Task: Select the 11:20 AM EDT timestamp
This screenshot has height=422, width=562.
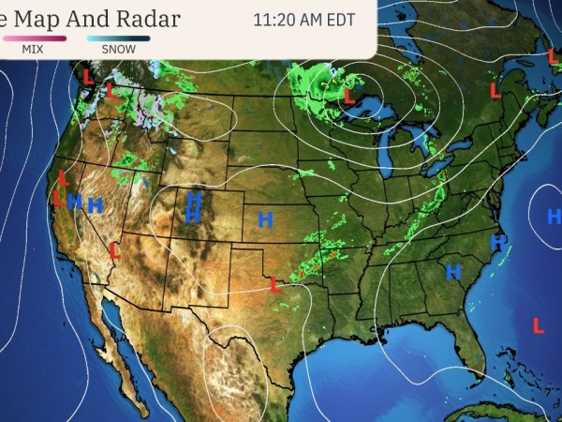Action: coord(304,19)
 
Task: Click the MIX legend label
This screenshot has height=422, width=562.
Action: coord(32,49)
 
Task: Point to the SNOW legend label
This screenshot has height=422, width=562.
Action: coord(118,49)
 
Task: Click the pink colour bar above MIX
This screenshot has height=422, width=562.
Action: coord(34,38)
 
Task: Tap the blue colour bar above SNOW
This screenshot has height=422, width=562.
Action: coord(118,38)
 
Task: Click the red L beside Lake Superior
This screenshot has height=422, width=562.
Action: coord(348,96)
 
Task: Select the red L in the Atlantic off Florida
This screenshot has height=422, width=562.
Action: coord(538,325)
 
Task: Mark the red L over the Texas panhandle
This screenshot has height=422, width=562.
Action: coord(275,284)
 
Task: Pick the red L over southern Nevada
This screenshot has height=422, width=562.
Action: coord(114,251)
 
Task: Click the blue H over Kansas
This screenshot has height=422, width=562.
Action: coord(265,220)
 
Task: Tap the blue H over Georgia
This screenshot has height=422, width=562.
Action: coord(454,273)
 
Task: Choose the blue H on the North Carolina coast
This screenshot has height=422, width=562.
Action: coord(497,243)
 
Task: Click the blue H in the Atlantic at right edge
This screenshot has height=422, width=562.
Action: coord(554,217)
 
